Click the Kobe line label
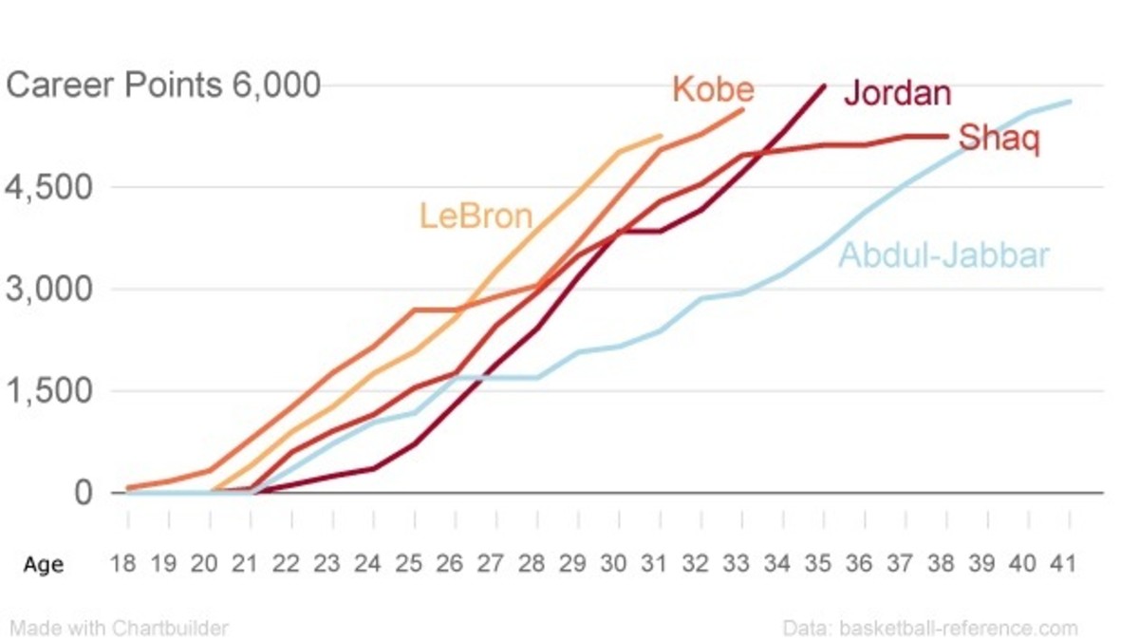coord(713,89)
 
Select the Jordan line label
coord(897,93)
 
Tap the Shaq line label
coord(999,139)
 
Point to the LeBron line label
coord(476,216)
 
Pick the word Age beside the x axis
coord(44,564)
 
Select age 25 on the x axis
coord(408,563)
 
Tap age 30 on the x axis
coord(613,563)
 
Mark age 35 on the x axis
coord(818,563)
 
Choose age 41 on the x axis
coord(1064,563)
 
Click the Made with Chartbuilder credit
coord(119,628)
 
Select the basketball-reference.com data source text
coord(930,628)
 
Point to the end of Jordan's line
coord(824,85)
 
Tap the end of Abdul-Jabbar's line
coord(1072,101)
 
